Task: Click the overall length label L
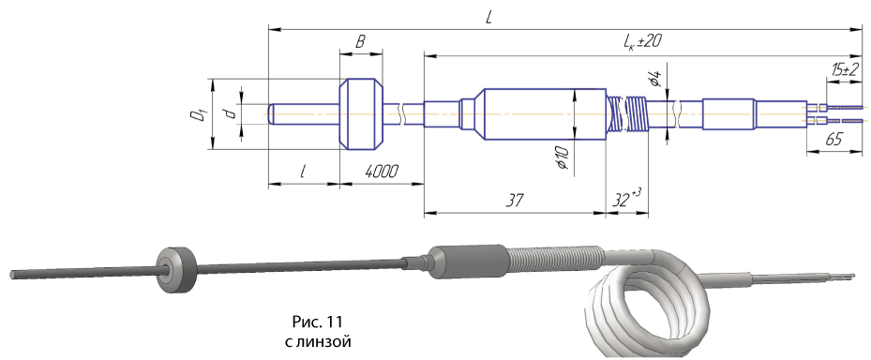(488, 18)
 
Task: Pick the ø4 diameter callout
(656, 78)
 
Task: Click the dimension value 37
(515, 200)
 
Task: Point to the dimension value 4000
(382, 172)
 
